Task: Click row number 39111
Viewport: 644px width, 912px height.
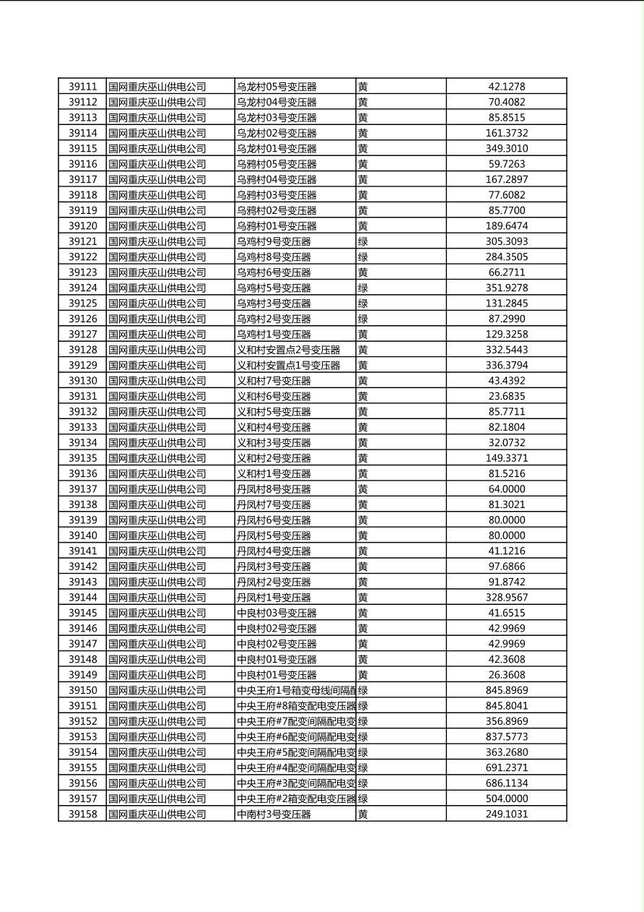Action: pos(82,87)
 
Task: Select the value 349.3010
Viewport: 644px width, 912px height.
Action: pos(507,149)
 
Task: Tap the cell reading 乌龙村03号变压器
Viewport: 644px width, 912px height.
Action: pos(277,118)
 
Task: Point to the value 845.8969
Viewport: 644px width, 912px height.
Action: pos(507,691)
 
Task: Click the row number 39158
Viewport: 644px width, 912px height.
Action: pos(82,814)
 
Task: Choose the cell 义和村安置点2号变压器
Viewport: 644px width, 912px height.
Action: pos(289,350)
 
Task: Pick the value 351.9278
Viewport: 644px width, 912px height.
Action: pos(507,288)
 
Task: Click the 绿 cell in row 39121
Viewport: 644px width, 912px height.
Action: pos(363,241)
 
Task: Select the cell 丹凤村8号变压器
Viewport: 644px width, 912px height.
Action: pos(274,489)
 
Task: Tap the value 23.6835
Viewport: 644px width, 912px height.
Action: pos(507,396)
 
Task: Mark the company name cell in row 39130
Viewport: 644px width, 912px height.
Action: pos(157,381)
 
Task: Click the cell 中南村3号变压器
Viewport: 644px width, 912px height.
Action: pos(274,814)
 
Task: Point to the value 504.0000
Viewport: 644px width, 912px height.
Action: pos(507,799)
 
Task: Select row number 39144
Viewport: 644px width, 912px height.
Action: pos(82,598)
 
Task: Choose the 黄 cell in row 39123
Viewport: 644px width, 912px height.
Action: pos(363,272)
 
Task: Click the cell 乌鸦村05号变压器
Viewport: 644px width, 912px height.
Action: pos(277,164)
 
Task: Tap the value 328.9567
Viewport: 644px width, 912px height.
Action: pos(507,598)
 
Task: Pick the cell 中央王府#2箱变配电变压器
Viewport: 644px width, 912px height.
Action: pos(296,799)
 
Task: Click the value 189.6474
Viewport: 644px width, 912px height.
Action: pos(507,226)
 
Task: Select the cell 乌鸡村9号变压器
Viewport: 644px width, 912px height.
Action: pos(274,241)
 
